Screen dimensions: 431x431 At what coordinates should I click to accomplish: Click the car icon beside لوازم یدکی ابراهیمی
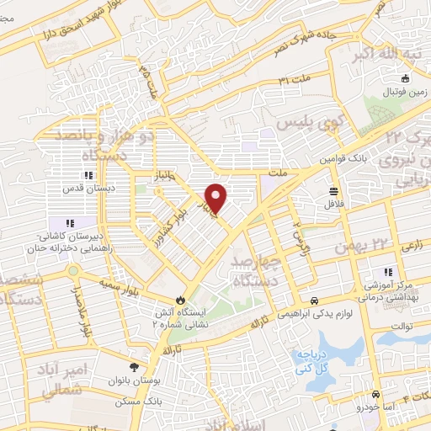point(314,301)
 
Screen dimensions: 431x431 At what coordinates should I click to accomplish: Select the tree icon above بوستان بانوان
point(134,366)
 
